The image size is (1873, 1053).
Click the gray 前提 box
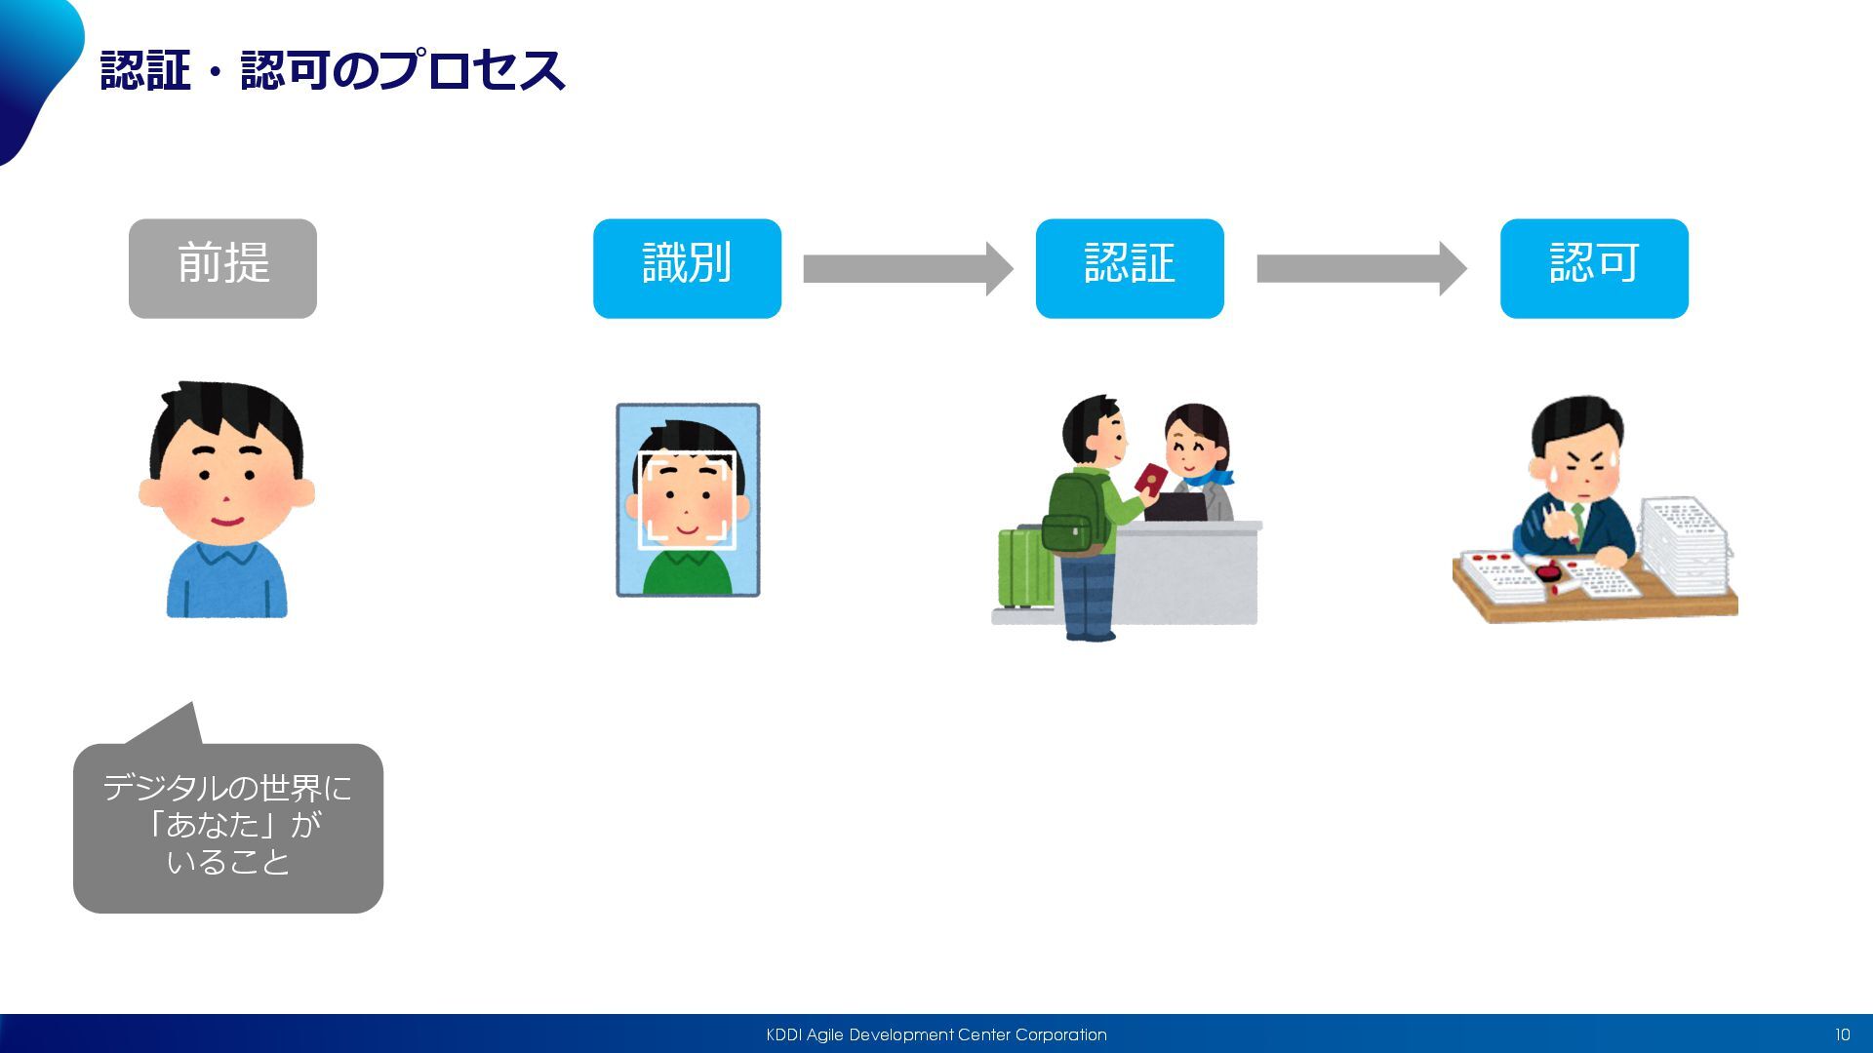tap(222, 268)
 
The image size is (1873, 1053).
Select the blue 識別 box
tap(687, 268)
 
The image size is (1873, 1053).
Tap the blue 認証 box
tap(1129, 268)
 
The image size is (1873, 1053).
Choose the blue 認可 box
tap(1594, 268)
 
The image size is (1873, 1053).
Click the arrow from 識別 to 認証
tap(907, 268)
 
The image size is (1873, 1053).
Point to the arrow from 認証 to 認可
tap(1361, 268)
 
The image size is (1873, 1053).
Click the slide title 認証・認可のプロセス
tap(333, 70)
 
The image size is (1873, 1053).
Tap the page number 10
tap(1842, 1034)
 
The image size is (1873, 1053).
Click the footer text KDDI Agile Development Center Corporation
tap(936, 1034)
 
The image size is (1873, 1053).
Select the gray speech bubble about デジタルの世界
tap(228, 827)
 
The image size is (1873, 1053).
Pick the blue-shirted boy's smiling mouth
tap(226, 520)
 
